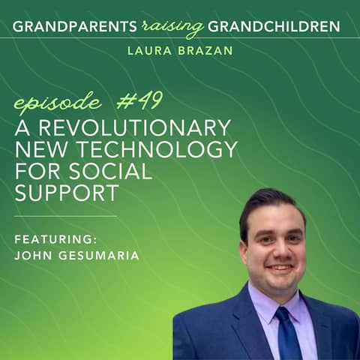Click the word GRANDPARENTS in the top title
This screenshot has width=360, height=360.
(73, 28)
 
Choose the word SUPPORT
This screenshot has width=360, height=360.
(67, 193)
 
